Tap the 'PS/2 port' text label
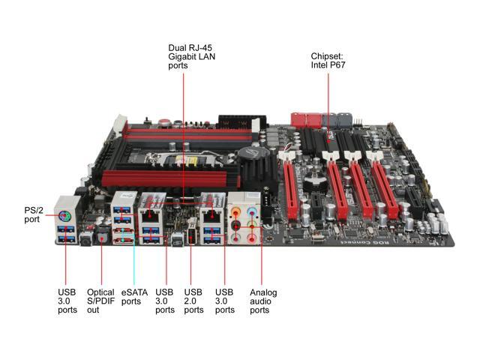pyautogui.click(x=33, y=215)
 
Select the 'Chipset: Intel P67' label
pyautogui.click(x=328, y=61)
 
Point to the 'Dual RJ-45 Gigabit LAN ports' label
pyautogui.click(x=192, y=57)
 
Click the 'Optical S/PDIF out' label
pyautogui.click(x=100, y=301)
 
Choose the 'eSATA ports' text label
pyautogui.click(x=134, y=297)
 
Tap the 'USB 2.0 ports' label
pyautogui.click(x=193, y=301)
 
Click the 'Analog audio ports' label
pyautogui.click(x=263, y=301)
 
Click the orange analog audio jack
pyautogui.click(x=235, y=211)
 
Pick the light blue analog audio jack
pyautogui.click(x=252, y=211)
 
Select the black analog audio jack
pyautogui.click(x=235, y=226)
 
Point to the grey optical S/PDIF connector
pyautogui.click(x=102, y=235)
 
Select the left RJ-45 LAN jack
pyautogui.click(x=150, y=214)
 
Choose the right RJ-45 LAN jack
pyautogui.click(x=210, y=214)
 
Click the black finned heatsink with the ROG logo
pyautogui.click(x=255, y=166)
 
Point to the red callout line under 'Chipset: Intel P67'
pyautogui.click(x=328, y=108)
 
